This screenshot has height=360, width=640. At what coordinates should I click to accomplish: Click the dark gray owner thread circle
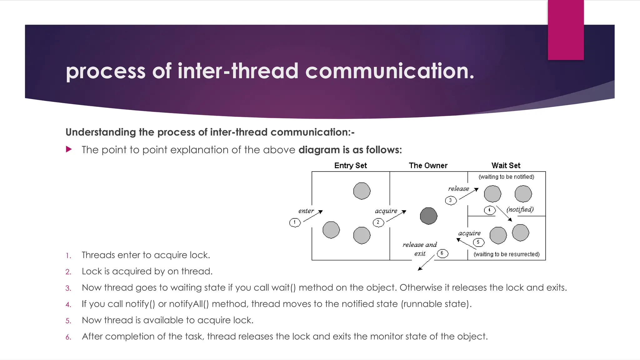428,216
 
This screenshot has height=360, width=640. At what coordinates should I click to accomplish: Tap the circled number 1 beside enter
295,222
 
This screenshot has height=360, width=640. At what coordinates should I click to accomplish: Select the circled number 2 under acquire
378,222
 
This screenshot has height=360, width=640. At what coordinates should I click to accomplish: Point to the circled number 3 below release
451,200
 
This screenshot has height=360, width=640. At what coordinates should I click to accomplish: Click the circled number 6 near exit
442,253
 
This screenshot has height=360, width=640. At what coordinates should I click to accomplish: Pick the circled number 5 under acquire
478,242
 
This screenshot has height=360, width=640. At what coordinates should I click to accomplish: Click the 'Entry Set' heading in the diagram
350,166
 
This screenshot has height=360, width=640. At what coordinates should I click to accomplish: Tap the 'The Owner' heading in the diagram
428,166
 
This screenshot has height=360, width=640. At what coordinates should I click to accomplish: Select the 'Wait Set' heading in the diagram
506,166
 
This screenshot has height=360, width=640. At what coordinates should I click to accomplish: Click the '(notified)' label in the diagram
520,209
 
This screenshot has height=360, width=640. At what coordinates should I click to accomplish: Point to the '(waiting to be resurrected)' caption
507,254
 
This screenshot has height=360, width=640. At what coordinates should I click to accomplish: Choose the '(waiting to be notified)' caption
506,177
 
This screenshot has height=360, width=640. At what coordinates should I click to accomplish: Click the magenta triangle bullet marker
69,149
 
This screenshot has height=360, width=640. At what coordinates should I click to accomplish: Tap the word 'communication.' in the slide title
390,71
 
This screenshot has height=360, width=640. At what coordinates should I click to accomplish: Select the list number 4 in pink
68,305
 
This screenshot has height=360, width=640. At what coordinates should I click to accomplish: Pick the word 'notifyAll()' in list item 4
189,304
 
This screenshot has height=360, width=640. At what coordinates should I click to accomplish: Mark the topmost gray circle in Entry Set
362,191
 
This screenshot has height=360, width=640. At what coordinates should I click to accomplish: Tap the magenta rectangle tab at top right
566,30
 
